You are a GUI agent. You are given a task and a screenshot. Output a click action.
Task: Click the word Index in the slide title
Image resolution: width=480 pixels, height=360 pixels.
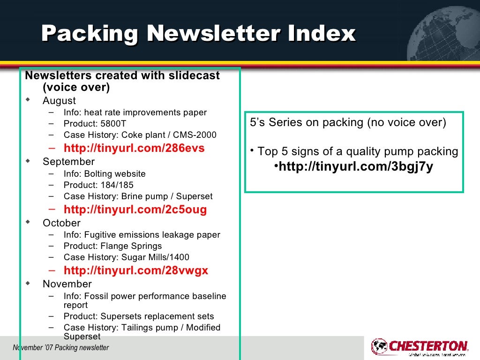point(322,33)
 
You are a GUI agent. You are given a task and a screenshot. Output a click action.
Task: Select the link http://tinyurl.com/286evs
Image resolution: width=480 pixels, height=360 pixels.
point(134,149)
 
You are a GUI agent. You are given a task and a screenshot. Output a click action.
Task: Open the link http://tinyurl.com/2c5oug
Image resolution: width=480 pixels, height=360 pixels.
point(135,210)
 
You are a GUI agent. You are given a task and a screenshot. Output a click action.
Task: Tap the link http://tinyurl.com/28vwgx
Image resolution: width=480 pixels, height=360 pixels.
point(136,270)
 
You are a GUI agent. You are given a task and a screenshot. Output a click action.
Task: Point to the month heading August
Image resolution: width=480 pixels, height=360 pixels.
point(59,101)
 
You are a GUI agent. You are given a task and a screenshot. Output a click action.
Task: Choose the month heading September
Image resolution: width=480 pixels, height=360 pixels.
point(68,162)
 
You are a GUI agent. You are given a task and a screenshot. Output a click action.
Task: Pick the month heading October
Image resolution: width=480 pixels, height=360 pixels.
point(61,223)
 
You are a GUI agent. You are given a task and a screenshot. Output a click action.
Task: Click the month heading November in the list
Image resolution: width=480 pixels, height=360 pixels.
point(67,284)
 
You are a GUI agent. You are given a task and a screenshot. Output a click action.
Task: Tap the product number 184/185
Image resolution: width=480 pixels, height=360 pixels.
point(116,185)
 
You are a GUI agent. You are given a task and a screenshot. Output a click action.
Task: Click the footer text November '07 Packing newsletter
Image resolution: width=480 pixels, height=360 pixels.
point(61,348)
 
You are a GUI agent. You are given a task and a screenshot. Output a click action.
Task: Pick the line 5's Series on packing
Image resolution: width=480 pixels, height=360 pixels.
point(347,123)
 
